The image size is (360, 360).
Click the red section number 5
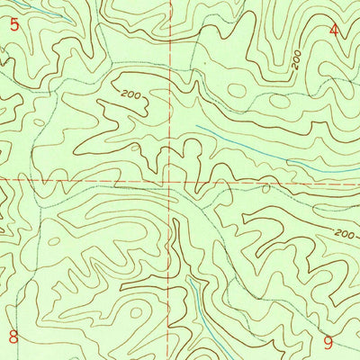tap(13, 24)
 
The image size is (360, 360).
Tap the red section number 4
tap(334, 30)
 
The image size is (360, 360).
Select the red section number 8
tap(13, 337)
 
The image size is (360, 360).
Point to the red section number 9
tap(328, 342)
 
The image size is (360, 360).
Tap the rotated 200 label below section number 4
tap(296, 60)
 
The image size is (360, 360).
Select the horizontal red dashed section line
tap(90, 179)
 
